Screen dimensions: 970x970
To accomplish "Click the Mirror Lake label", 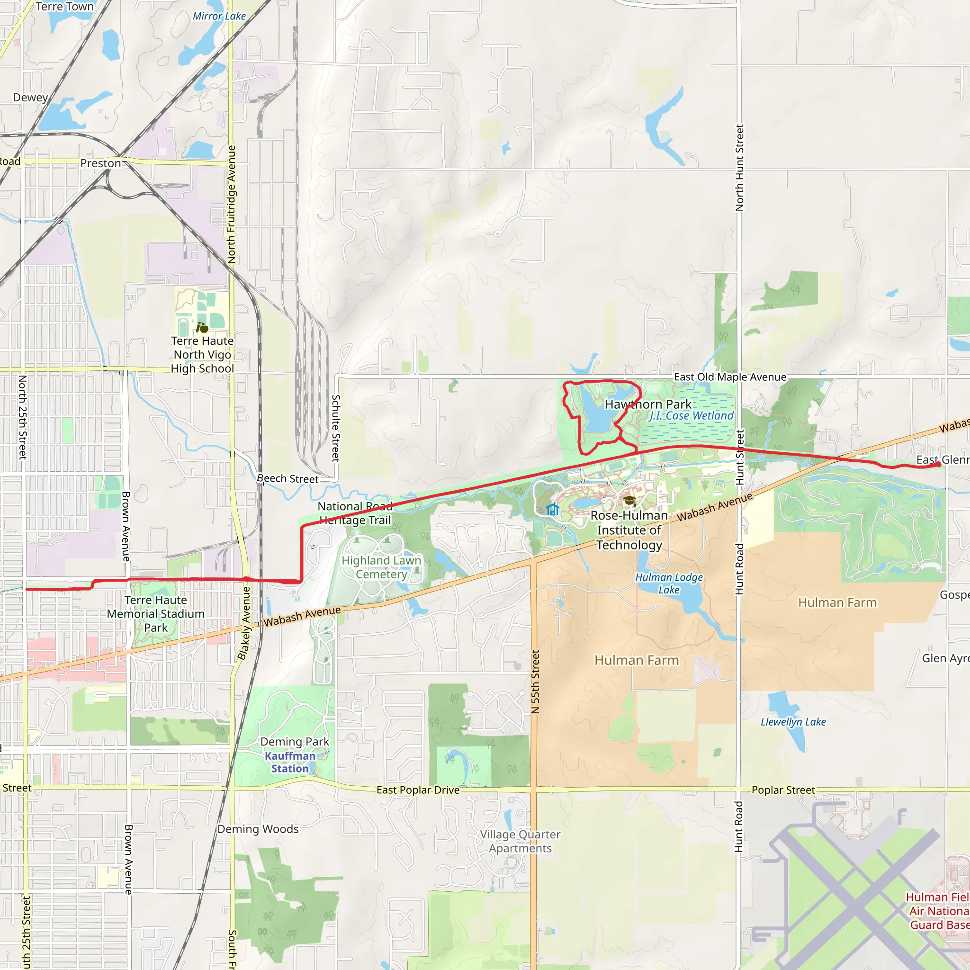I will click(219, 16).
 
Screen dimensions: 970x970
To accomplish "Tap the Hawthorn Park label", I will click(647, 404).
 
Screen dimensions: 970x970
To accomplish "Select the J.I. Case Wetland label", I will click(692, 416).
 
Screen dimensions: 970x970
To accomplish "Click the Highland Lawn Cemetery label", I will click(381, 567).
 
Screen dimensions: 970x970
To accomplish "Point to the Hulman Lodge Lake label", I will click(669, 584).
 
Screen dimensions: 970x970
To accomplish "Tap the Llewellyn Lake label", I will click(793, 722).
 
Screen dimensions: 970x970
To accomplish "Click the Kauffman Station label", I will click(290, 762).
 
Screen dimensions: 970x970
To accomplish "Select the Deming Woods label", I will click(258, 829).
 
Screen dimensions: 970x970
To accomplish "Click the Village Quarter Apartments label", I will click(520, 841).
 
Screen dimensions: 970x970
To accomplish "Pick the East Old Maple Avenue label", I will click(729, 377).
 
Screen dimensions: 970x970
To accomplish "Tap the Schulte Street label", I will click(336, 428).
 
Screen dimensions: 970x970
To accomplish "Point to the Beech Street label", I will click(287, 478).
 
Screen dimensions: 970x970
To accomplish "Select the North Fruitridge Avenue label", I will click(232, 204).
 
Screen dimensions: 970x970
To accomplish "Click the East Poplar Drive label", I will click(418, 790).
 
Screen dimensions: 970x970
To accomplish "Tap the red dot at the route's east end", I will click(938, 465).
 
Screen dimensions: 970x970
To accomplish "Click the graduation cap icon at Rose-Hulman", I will click(629, 500).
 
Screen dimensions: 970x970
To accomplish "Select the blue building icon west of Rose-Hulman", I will click(552, 510).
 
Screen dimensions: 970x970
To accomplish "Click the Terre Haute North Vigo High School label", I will click(202, 354).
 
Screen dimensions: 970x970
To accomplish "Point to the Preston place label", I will click(100, 163).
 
